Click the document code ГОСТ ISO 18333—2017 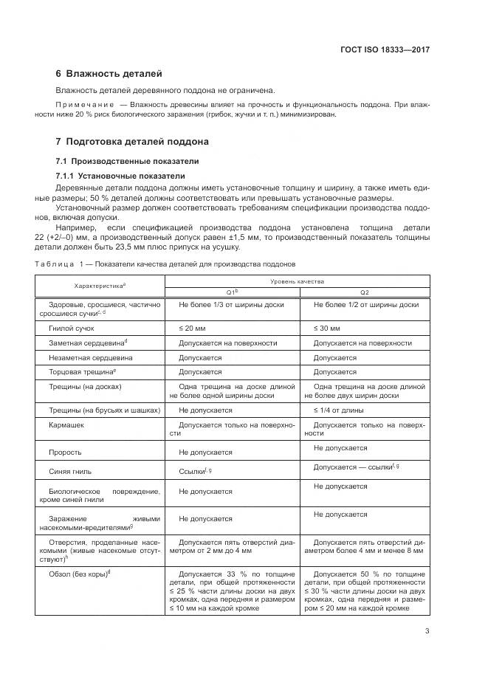pyautogui.click(x=385, y=49)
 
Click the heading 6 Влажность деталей pyautogui.click(x=109, y=74)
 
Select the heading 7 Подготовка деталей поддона pyautogui.click(x=132, y=141)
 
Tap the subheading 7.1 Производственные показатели pyautogui.click(x=127, y=161)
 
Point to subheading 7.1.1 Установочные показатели pyautogui.click(x=120, y=176)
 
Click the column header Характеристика pyautogui.click(x=100, y=285)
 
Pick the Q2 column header pyautogui.click(x=365, y=292)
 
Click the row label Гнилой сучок pyautogui.click(x=72, y=328)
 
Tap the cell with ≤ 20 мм pyautogui.click(x=192, y=328)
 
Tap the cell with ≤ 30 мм pyautogui.click(x=326, y=328)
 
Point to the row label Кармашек pyautogui.click(x=67, y=426)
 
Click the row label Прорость pyautogui.click(x=65, y=452)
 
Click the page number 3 pyautogui.click(x=427, y=630)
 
